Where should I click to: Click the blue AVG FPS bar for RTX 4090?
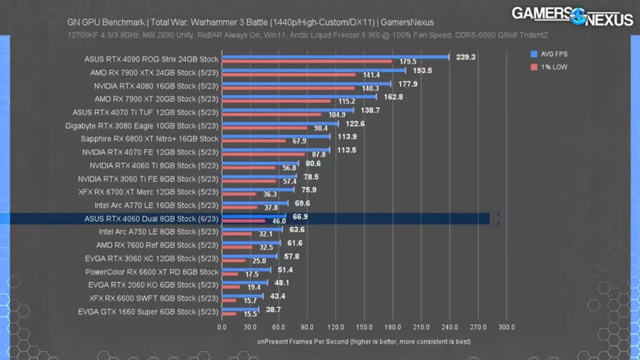pyautogui.click(x=336, y=57)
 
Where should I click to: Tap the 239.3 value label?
pyautogui.click(x=466, y=56)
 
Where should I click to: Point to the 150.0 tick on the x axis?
pyautogui.click(x=364, y=327)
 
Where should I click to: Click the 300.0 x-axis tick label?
pyautogui.click(x=507, y=327)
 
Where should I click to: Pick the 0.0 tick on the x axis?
pyautogui.click(x=222, y=327)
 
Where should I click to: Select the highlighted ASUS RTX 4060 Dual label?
pyautogui.click(x=151, y=219)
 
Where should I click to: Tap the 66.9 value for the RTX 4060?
pyautogui.click(x=301, y=216)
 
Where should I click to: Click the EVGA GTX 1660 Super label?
pyautogui.click(x=148, y=311)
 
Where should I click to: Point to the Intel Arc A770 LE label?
pyautogui.click(x=156, y=205)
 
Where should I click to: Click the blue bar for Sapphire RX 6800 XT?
pyautogui.click(x=276, y=136)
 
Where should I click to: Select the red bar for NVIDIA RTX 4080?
pyautogui.click(x=288, y=87)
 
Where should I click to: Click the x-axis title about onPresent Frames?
pyautogui.click(x=364, y=342)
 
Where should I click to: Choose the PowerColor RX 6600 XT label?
pyautogui.click(x=152, y=272)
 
